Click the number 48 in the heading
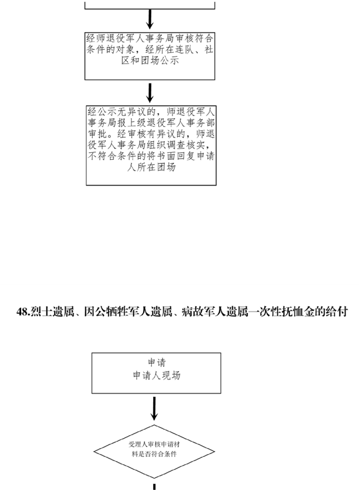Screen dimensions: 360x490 click(23, 312)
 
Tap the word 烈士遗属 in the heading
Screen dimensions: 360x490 click(52, 312)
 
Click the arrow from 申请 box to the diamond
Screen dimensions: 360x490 click(154, 409)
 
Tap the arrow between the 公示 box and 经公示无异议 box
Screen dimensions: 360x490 click(150, 93)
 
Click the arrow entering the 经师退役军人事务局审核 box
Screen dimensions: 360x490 click(150, 19)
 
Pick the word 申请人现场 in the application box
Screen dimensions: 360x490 click(157, 375)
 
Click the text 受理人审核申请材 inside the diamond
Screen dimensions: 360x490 click(154, 444)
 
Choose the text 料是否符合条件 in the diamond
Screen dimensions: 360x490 click(154, 454)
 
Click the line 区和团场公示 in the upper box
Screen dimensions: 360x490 click(150, 60)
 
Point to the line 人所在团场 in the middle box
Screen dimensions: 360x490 click(152, 167)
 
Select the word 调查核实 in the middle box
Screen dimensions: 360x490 click(186, 145)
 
